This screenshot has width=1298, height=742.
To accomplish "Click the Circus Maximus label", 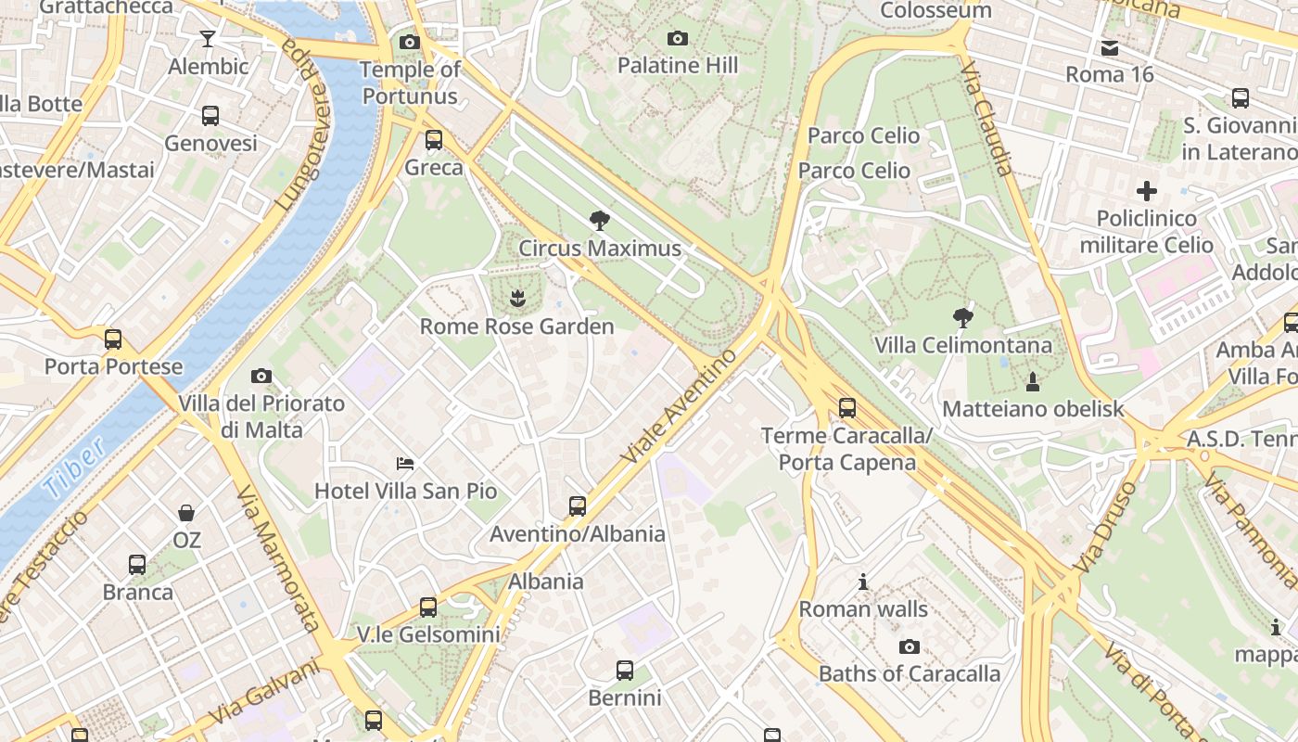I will pyautogui.click(x=600, y=249).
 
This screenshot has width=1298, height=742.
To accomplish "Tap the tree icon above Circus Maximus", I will pyautogui.click(x=600, y=221).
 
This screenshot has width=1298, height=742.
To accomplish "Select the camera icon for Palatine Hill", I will pyautogui.click(x=678, y=38).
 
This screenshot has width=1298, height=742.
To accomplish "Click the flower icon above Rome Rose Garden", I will pyautogui.click(x=517, y=299).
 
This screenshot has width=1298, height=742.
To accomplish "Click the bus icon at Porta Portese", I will pyautogui.click(x=113, y=339).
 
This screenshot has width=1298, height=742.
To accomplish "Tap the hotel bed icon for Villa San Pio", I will pyautogui.click(x=405, y=464).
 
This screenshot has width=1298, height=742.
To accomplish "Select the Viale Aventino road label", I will pyautogui.click(x=679, y=406).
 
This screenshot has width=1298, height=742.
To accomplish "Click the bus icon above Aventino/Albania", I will pyautogui.click(x=578, y=506).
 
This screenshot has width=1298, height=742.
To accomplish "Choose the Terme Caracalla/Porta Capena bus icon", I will pyautogui.click(x=846, y=408).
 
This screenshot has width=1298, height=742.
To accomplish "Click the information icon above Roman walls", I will pyautogui.click(x=863, y=582).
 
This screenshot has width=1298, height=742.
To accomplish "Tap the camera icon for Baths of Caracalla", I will pyautogui.click(x=910, y=646).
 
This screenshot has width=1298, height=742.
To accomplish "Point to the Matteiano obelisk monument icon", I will pyautogui.click(x=1032, y=381).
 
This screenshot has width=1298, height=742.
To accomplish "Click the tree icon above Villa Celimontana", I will pyautogui.click(x=963, y=318).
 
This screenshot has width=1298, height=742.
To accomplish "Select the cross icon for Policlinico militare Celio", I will pyautogui.click(x=1147, y=191).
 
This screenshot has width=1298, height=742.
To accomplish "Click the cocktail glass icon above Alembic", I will pyautogui.click(x=208, y=39).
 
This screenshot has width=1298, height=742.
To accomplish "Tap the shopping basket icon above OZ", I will pyautogui.click(x=186, y=513).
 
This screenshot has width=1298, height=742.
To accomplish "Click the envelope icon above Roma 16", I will pyautogui.click(x=1109, y=48).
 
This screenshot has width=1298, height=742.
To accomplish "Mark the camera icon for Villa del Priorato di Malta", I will pyautogui.click(x=261, y=377).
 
